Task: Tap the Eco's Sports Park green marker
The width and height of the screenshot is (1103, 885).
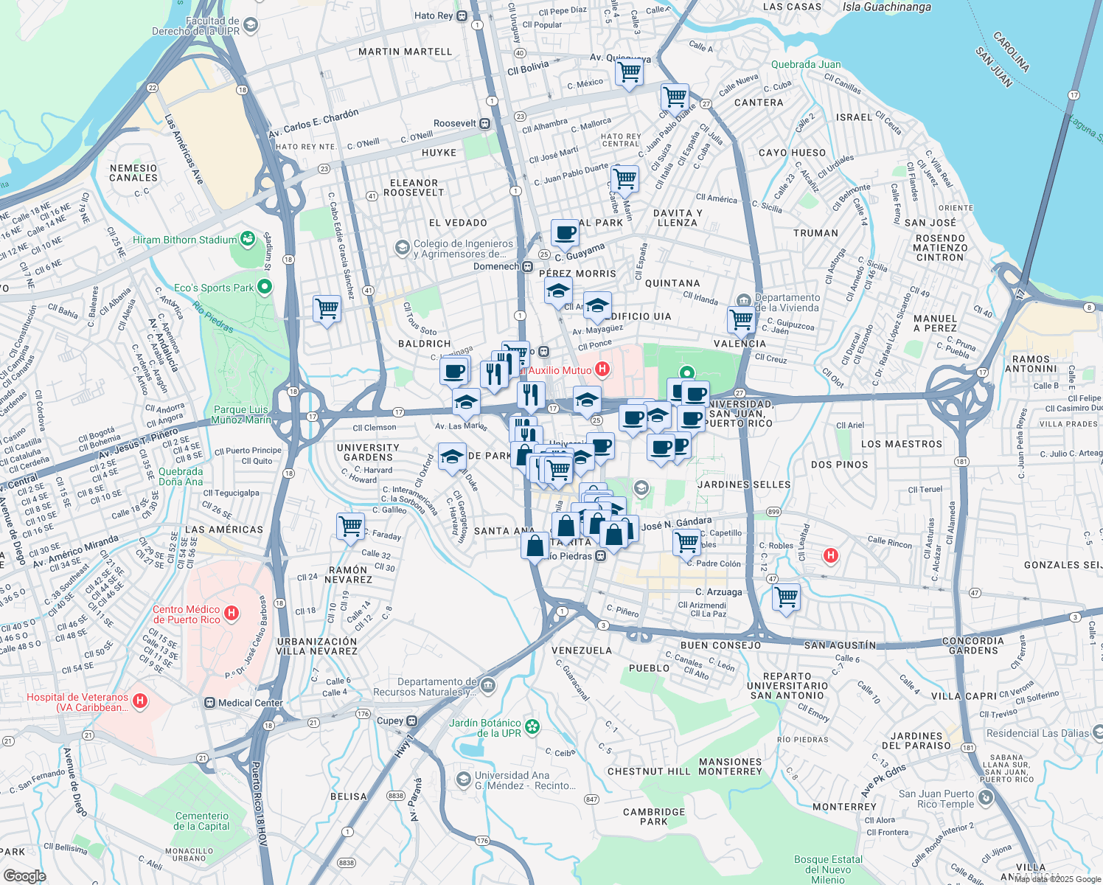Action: point(265,287)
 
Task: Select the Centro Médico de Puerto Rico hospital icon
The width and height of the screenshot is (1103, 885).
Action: point(232,613)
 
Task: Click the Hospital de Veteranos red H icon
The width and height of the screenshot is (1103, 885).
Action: point(140,701)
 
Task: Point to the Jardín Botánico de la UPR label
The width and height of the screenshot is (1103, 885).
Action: point(484,728)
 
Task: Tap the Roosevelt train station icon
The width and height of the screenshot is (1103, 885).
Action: point(485,123)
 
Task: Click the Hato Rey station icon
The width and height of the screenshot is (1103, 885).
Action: point(462,15)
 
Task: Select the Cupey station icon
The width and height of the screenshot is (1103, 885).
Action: point(412,721)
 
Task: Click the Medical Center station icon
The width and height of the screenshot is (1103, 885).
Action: point(210,703)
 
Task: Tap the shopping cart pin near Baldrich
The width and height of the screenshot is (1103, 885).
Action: point(327,308)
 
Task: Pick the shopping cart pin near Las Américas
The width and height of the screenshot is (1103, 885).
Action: point(350,527)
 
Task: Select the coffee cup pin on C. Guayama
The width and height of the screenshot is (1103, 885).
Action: point(565,233)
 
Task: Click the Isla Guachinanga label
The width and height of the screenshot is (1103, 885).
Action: point(886,7)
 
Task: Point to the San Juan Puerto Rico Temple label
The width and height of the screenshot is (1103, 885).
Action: point(936,799)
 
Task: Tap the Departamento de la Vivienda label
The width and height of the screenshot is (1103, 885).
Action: point(787,302)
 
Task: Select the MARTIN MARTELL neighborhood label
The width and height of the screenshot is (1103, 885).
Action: point(405,52)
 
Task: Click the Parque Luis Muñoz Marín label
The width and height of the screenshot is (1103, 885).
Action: point(240,414)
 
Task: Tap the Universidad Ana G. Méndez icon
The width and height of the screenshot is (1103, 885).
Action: point(463,779)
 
